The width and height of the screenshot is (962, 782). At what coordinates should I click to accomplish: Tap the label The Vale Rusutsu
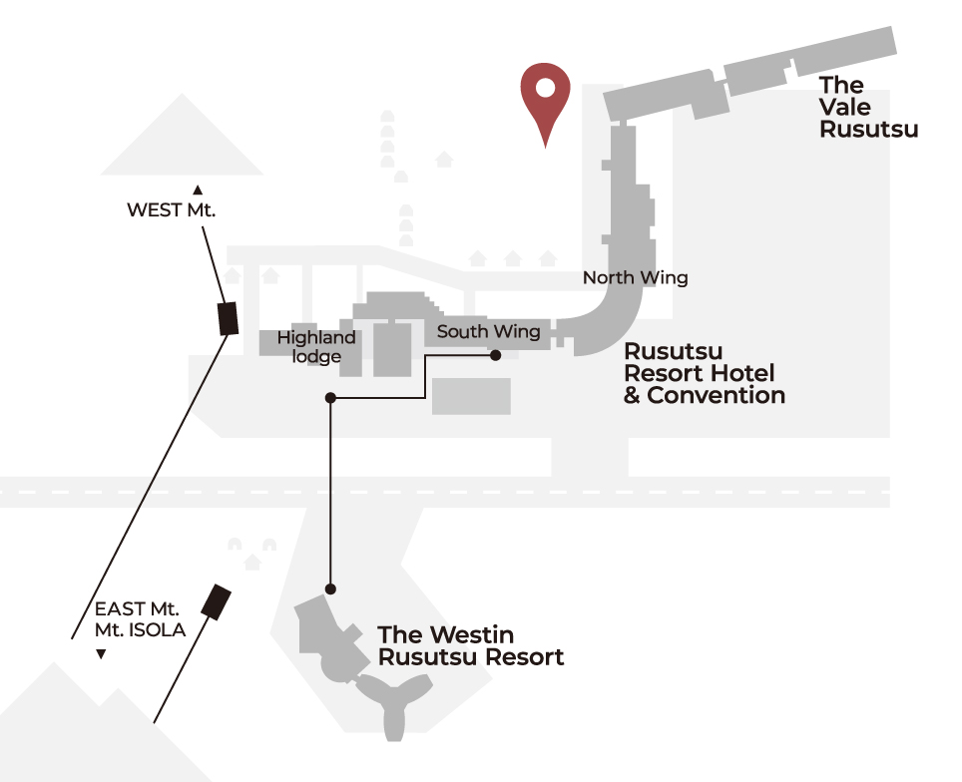coord(868,107)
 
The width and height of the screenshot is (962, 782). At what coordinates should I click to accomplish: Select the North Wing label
coord(635,278)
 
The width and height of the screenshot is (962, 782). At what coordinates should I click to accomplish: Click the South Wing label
coord(488,332)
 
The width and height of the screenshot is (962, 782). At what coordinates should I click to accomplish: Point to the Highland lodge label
coord(316,346)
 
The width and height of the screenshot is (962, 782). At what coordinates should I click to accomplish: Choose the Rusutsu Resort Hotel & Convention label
coord(705,373)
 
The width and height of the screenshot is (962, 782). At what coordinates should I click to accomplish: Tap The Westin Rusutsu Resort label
coord(471,645)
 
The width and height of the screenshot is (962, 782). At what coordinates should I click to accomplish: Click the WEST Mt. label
coord(172,209)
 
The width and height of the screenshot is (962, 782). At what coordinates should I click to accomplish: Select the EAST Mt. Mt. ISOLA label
coord(140,619)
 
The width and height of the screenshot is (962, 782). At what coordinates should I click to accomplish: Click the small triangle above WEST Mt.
coord(198,191)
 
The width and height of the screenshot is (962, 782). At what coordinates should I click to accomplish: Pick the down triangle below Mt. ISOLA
coord(101,654)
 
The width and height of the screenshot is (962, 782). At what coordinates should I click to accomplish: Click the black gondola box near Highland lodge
coord(229,318)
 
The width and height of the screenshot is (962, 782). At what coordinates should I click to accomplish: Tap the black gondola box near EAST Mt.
coord(216,601)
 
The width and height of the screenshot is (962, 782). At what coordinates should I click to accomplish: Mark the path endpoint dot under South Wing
coord(496,355)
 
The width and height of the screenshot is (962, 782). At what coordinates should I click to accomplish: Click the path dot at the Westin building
coord(330,589)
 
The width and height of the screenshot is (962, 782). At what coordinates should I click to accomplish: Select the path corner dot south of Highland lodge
coord(330,398)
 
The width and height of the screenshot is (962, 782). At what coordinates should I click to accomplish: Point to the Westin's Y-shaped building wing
coord(394,699)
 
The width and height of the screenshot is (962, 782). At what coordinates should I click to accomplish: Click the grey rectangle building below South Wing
coord(471,396)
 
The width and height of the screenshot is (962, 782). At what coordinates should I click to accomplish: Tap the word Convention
coord(716,396)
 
